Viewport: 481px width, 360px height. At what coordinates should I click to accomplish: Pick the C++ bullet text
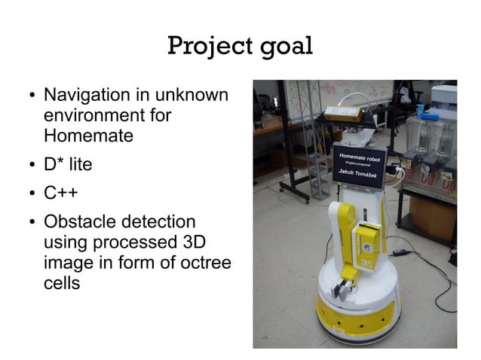[61, 194]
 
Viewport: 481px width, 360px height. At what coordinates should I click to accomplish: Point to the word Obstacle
[83, 222]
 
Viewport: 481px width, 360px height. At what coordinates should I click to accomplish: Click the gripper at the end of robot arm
[345, 285]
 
